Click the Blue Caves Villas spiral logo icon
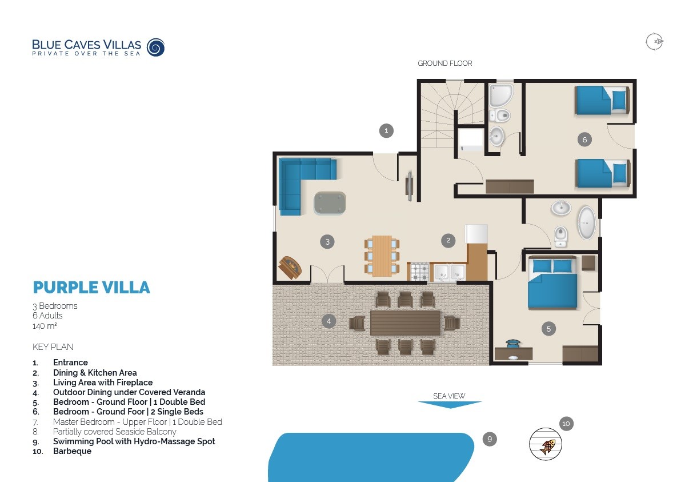(x=155, y=47)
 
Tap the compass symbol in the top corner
(x=654, y=42)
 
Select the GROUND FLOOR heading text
(x=444, y=63)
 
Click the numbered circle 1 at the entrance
(x=386, y=131)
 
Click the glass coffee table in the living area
(x=330, y=203)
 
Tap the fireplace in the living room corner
(x=290, y=267)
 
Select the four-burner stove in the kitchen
(x=419, y=272)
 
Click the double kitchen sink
(x=449, y=272)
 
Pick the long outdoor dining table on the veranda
(x=405, y=322)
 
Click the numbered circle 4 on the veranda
(x=329, y=321)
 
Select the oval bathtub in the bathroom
(x=586, y=223)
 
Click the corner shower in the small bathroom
(x=501, y=95)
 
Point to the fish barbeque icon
(x=546, y=444)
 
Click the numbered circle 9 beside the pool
(x=489, y=439)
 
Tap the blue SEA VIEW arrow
(x=450, y=405)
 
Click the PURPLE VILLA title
(x=91, y=287)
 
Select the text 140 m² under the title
(x=45, y=326)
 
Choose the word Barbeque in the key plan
(x=72, y=451)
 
